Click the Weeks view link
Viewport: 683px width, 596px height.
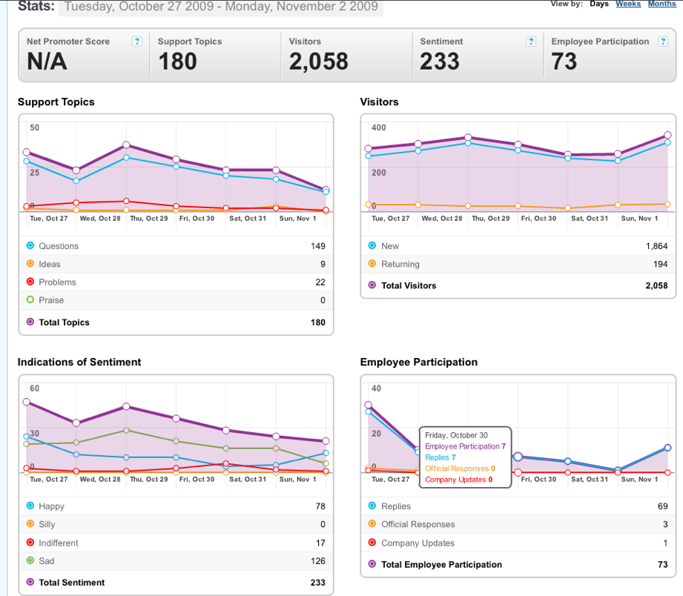628,4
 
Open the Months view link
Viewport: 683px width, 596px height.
662,4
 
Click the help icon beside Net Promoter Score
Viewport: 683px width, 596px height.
136,42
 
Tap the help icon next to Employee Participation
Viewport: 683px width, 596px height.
663,42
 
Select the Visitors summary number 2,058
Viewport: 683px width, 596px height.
319,61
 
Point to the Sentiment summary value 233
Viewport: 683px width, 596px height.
440,61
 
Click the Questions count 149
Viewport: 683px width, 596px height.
318,246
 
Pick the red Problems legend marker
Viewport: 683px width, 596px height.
30,282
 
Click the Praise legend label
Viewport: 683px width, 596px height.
51,300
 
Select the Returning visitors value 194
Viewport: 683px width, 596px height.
660,264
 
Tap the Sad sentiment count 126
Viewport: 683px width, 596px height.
318,560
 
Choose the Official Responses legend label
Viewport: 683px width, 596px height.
418,524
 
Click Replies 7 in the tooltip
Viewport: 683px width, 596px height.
441,457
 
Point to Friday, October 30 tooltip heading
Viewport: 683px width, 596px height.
457,435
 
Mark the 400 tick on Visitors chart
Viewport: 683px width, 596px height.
378,128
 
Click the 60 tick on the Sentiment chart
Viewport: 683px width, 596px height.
34,388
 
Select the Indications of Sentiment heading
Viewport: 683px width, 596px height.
79,362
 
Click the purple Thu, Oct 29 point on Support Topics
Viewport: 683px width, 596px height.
126,145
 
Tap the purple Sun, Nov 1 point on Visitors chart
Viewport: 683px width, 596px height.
667,135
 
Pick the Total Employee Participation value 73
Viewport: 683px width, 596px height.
662,565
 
